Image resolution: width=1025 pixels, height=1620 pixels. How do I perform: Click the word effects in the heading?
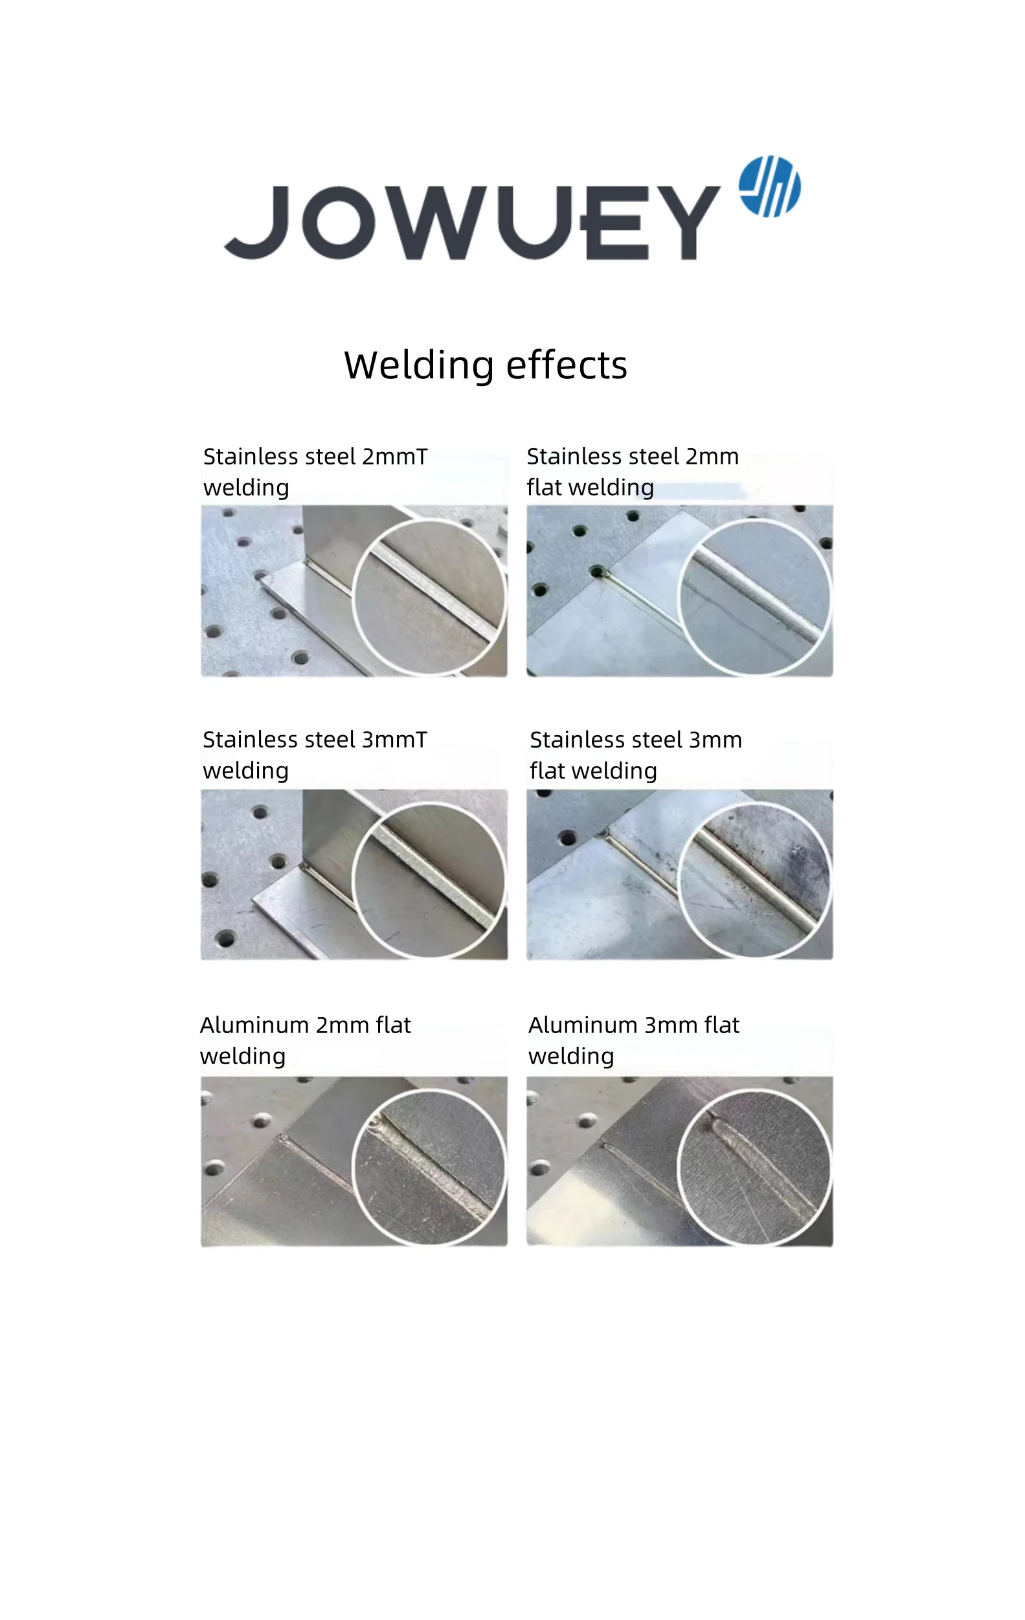567,365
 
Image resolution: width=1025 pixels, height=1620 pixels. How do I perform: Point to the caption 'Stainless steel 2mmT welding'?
315,472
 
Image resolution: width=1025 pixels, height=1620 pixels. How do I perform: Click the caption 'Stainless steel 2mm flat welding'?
632,472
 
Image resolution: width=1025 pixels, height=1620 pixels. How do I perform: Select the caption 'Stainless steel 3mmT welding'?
315,755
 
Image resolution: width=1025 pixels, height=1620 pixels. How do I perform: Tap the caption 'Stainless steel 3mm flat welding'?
636,755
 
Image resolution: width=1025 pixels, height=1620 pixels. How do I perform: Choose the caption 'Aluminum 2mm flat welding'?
306,1040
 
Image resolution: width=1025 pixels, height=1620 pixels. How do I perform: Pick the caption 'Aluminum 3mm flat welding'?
633,1040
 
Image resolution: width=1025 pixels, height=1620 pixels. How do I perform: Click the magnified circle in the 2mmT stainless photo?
429,596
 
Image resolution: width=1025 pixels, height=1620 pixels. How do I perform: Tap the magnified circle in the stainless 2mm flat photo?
754,596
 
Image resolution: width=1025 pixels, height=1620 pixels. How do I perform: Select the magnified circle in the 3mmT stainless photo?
429,880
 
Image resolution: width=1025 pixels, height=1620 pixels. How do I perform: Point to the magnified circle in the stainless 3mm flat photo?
754,880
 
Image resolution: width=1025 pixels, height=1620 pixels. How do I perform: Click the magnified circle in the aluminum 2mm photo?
429,1167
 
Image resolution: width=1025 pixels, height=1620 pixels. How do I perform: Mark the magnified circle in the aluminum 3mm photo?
754,1167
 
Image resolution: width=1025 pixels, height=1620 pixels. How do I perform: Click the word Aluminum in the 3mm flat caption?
583,1025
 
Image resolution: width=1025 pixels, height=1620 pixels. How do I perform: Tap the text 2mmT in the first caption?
395,457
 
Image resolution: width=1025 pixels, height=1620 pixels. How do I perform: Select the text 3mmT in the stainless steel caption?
395,740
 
